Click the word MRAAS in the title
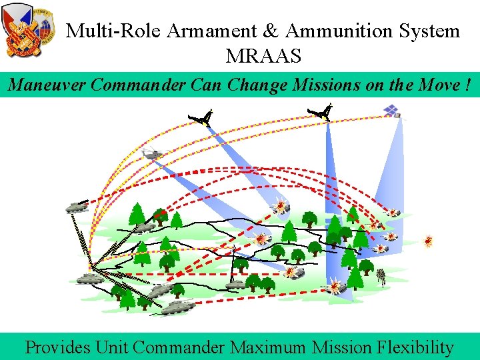(x=263, y=55)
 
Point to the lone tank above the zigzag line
(x=77, y=207)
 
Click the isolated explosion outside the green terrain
(x=428, y=241)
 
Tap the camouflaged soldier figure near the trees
(x=382, y=277)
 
